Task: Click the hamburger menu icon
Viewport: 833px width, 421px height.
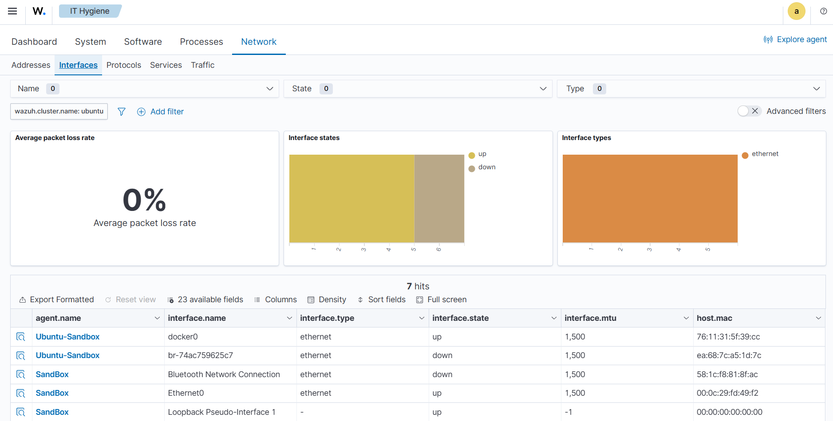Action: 12,11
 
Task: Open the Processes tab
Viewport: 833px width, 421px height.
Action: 201,42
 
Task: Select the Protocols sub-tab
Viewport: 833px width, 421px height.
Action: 124,65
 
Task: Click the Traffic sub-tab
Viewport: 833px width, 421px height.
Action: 202,65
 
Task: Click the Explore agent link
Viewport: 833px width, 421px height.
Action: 795,39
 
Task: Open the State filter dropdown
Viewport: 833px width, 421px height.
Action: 417,89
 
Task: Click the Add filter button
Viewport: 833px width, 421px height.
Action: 160,112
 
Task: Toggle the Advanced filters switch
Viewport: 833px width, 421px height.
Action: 749,111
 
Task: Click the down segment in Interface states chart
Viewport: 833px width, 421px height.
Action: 439,198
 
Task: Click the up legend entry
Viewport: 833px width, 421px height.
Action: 482,154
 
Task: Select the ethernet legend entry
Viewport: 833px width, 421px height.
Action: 765,154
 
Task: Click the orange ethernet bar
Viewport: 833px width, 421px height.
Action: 650,198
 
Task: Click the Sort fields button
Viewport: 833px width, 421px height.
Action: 382,300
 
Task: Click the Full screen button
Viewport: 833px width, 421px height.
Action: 442,300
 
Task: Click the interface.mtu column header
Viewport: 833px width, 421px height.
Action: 590,318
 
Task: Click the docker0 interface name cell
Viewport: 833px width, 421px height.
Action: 183,337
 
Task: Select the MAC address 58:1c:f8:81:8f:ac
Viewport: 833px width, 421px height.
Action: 727,374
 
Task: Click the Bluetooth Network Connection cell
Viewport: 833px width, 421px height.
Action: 224,374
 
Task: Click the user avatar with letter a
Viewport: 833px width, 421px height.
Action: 796,11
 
